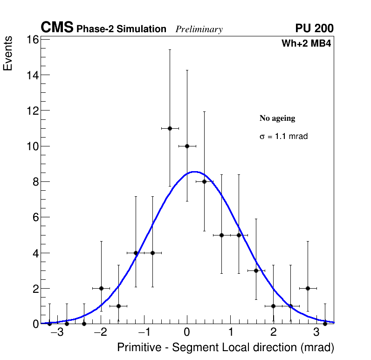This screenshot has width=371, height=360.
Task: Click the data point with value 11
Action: (x=170, y=128)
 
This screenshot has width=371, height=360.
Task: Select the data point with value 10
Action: (x=187, y=146)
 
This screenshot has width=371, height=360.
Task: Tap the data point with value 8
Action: (x=204, y=181)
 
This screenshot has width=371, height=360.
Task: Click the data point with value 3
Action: (x=256, y=270)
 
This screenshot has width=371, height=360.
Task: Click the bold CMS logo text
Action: (x=57, y=28)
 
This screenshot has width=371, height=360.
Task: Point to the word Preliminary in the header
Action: (x=199, y=29)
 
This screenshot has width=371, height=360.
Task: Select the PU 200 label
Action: (x=314, y=28)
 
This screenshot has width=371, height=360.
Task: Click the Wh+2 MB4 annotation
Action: (x=306, y=44)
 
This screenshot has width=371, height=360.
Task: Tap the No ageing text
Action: (x=277, y=118)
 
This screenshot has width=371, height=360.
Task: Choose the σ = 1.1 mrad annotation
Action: (x=283, y=137)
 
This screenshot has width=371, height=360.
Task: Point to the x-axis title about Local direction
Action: (x=226, y=347)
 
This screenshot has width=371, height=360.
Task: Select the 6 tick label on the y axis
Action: (x=34, y=217)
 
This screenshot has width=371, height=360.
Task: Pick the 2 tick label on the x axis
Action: (x=273, y=332)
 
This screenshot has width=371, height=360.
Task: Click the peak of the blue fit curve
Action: (x=194, y=172)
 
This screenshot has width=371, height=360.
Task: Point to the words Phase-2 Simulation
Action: (x=121, y=29)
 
